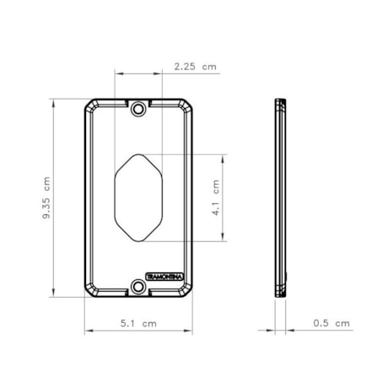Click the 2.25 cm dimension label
pyautogui.click(x=196, y=67)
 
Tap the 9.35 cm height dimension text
pyautogui.click(x=46, y=197)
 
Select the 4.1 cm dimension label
pyautogui.click(x=216, y=197)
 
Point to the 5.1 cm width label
pyautogui.click(x=138, y=323)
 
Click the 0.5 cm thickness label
pyautogui.click(x=331, y=323)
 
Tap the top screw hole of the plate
pyautogui.click(x=138, y=108)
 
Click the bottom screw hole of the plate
pyautogui.click(x=138, y=287)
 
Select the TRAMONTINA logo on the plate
pyautogui.click(x=164, y=277)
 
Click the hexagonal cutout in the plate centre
pyautogui.click(x=138, y=197)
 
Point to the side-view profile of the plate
pyautogui.click(x=280, y=197)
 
